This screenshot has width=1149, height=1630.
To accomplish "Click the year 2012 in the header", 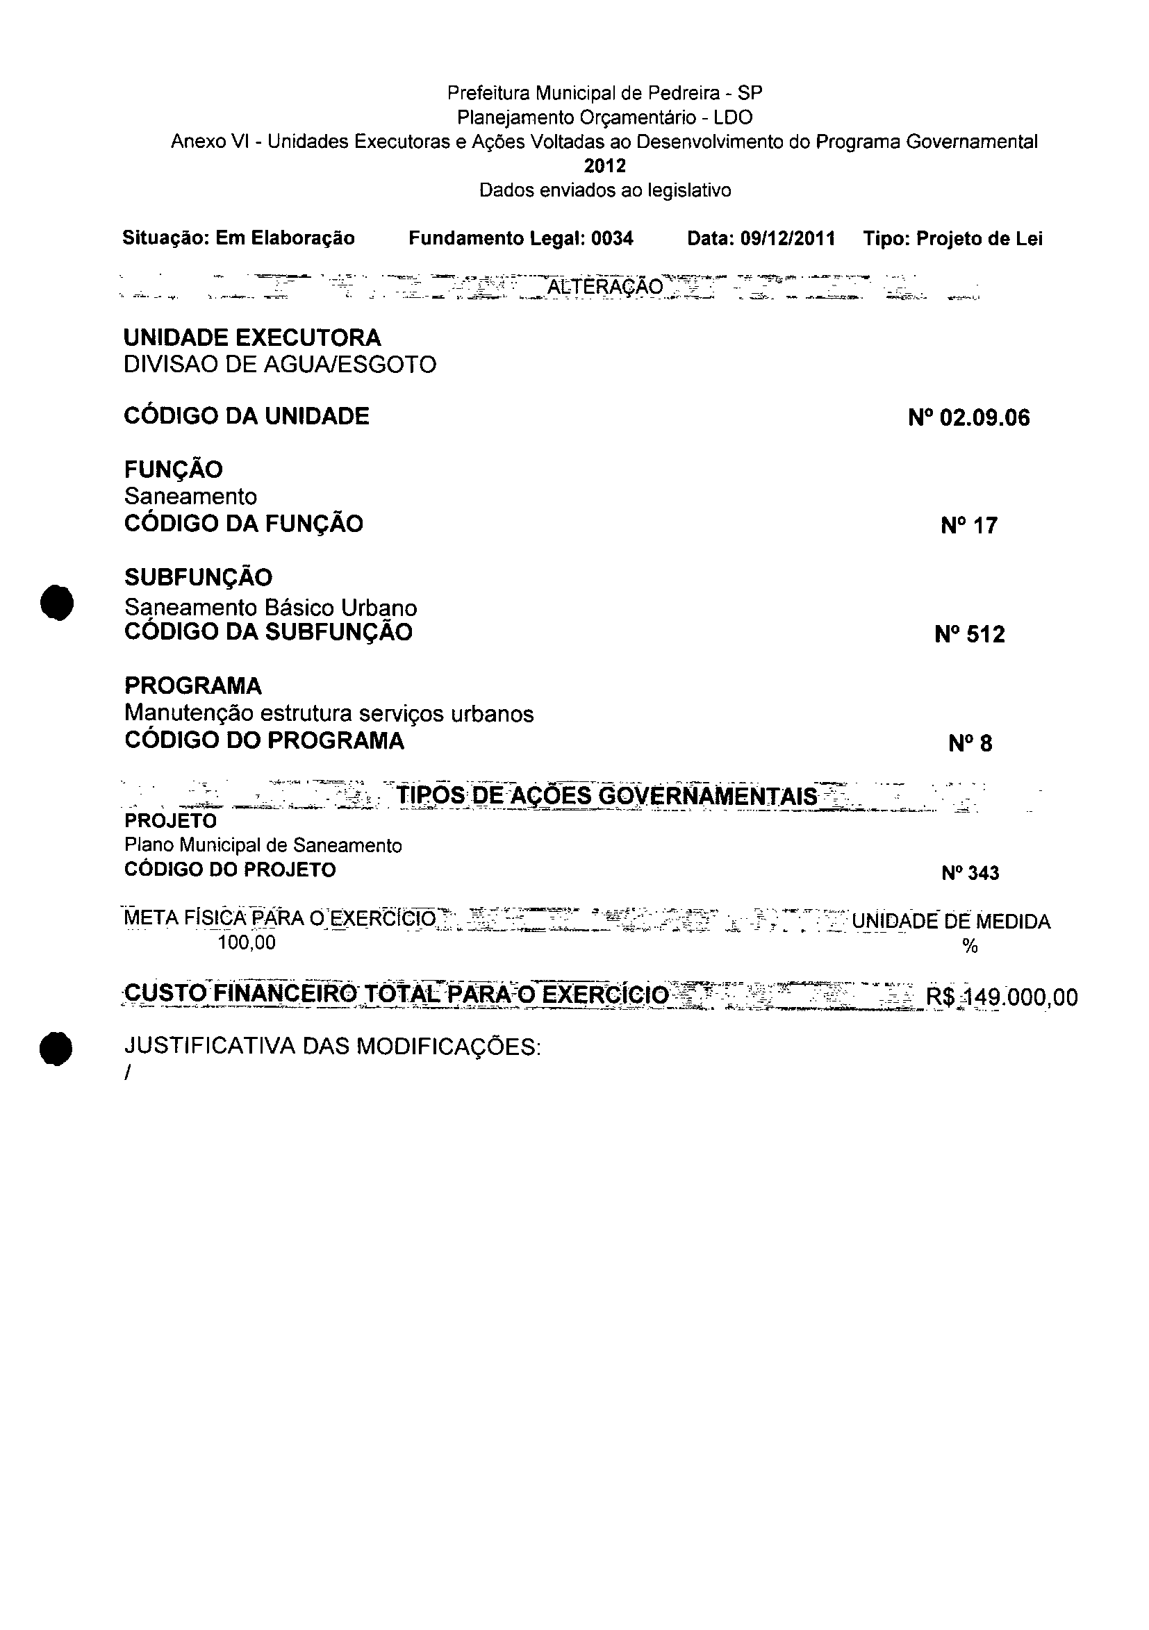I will [605, 166].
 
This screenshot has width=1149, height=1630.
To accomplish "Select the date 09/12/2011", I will [788, 238].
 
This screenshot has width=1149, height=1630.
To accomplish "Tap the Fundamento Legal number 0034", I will [612, 238].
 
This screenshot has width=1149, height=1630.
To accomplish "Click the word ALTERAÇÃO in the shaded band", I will [605, 287].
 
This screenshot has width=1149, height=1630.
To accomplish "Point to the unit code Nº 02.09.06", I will [968, 417].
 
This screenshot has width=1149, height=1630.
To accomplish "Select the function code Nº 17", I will [969, 525].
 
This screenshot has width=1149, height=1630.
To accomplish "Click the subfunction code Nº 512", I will [970, 634].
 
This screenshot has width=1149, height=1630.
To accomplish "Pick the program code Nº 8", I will [970, 743].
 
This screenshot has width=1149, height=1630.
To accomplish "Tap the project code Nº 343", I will [970, 873].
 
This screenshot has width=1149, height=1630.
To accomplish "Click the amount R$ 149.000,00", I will [1001, 997].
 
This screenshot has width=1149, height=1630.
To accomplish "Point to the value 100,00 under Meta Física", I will [247, 942].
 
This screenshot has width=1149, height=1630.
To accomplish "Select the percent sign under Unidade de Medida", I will [970, 947].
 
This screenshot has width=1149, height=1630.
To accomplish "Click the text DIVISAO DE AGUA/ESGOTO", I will [280, 365].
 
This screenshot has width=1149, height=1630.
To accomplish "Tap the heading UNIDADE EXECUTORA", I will [252, 338].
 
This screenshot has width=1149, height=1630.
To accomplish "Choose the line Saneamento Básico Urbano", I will [270, 608].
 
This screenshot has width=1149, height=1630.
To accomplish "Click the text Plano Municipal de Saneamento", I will [263, 845].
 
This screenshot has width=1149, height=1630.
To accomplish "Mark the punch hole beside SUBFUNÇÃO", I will [57, 603].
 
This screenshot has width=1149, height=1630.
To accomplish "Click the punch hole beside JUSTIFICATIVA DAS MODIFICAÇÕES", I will [57, 1049].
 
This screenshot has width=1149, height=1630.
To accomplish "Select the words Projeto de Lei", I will [979, 238].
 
